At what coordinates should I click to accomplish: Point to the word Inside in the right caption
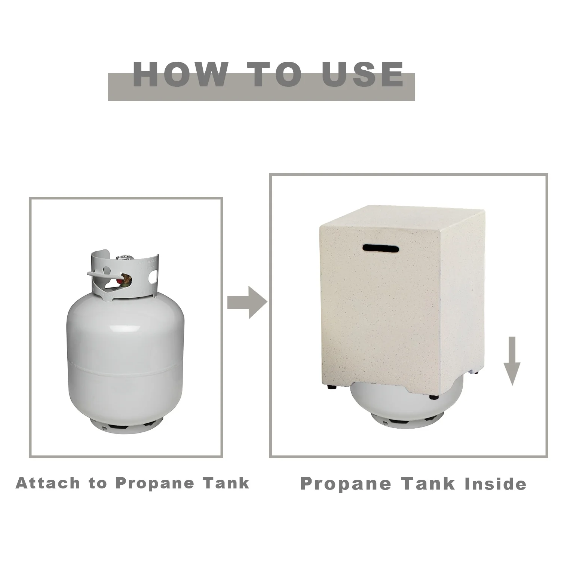[495, 484]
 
